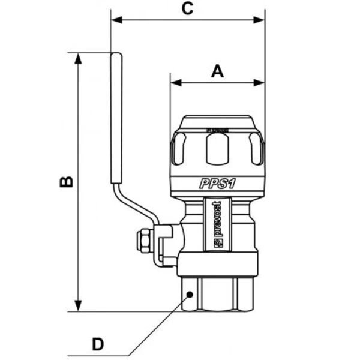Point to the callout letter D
(97, 344)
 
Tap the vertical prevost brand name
(218, 219)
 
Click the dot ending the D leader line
(190, 294)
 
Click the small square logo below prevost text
(218, 244)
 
